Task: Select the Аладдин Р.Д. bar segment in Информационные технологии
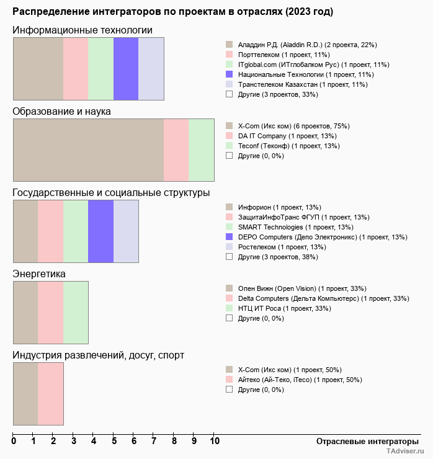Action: click(38, 68)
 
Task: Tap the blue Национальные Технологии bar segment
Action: click(126, 68)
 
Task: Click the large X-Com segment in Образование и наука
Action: click(88, 150)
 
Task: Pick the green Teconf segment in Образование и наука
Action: click(201, 150)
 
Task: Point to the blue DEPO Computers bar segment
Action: click(100, 231)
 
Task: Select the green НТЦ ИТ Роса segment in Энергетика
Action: click(76, 313)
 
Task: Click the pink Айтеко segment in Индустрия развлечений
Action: click(51, 394)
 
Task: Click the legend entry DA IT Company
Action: click(287, 136)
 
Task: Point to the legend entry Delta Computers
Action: click(323, 298)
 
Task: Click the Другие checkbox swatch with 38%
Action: click(229, 256)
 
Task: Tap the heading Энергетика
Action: click(39, 274)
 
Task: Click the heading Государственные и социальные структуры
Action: click(111, 192)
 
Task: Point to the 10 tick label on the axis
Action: click(215, 441)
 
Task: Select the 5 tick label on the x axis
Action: click(114, 441)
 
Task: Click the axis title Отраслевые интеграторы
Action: click(364, 441)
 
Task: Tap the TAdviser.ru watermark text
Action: click(405, 452)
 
